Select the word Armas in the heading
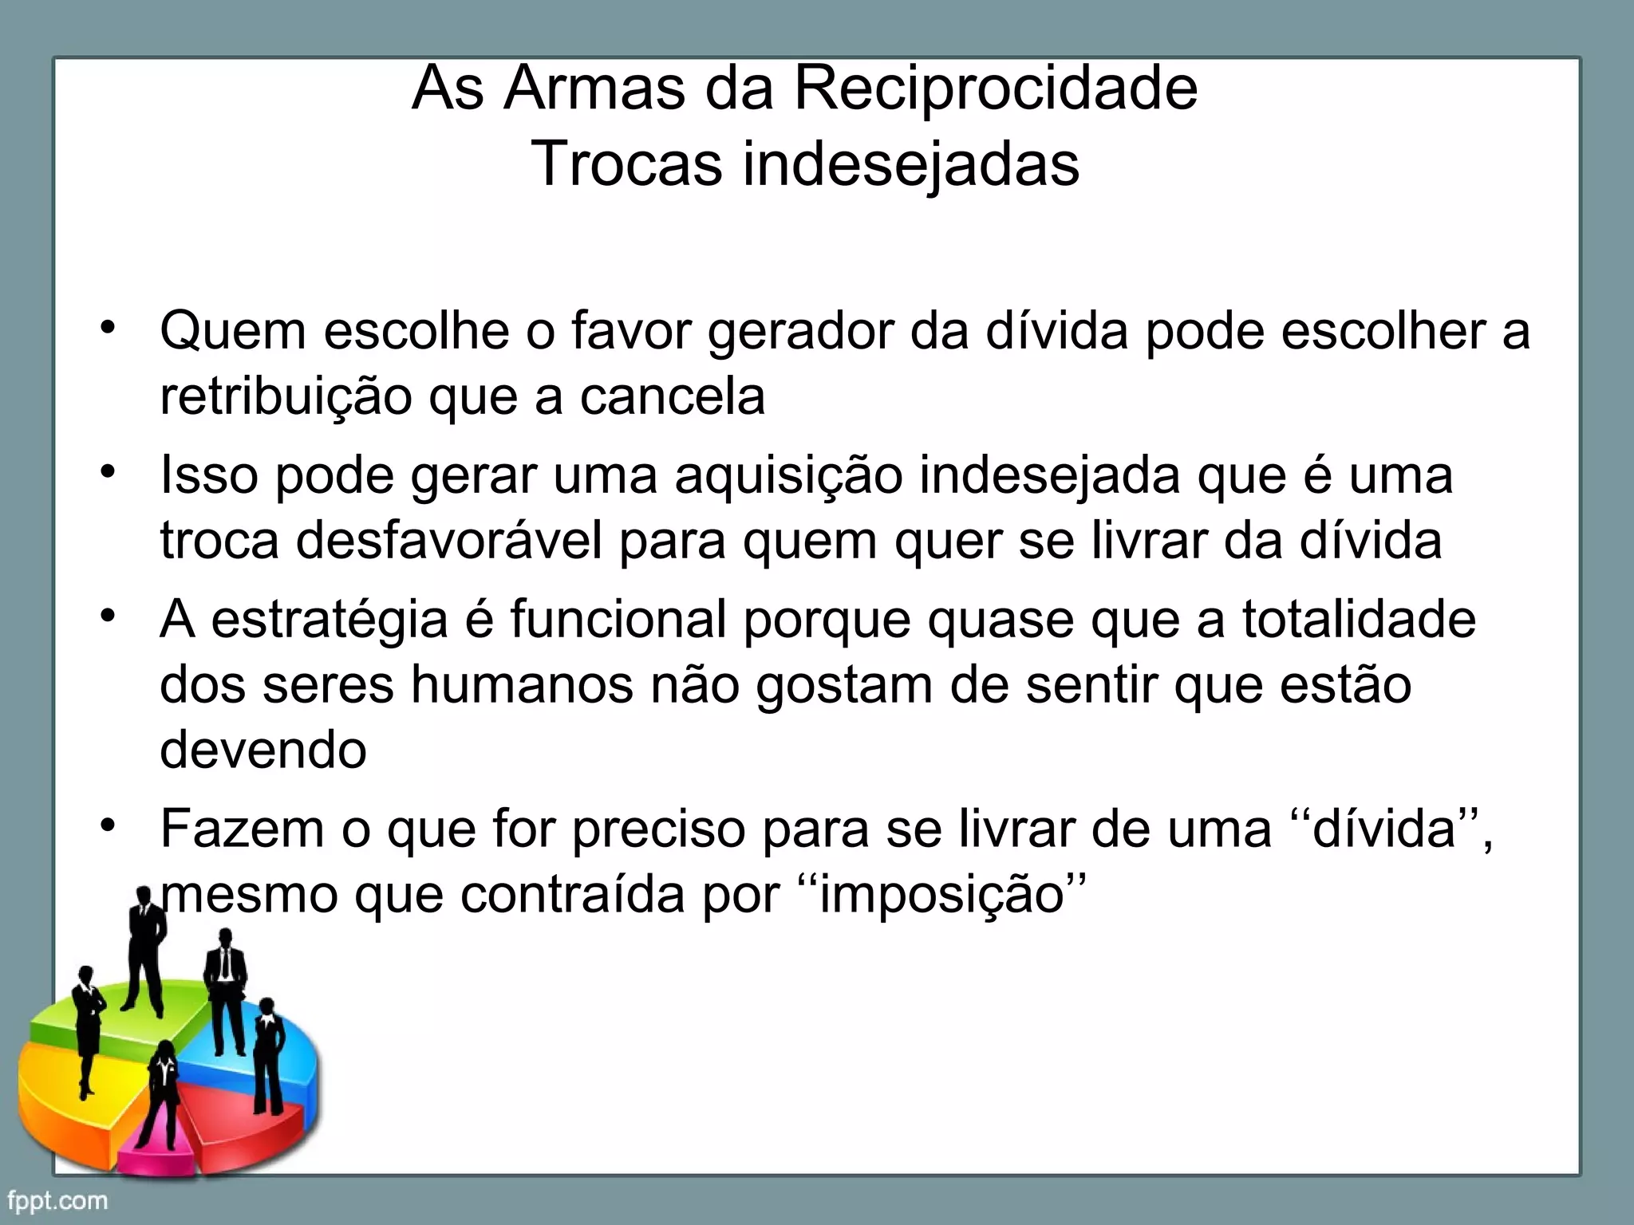tap(594, 89)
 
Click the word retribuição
tap(285, 396)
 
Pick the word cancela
tap(672, 396)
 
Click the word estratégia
tap(329, 620)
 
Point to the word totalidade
tap(1359, 620)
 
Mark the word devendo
tap(263, 750)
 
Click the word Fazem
tap(242, 829)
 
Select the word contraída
tap(572, 895)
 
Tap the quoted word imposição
tap(942, 895)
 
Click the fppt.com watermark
tap(57, 1200)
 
